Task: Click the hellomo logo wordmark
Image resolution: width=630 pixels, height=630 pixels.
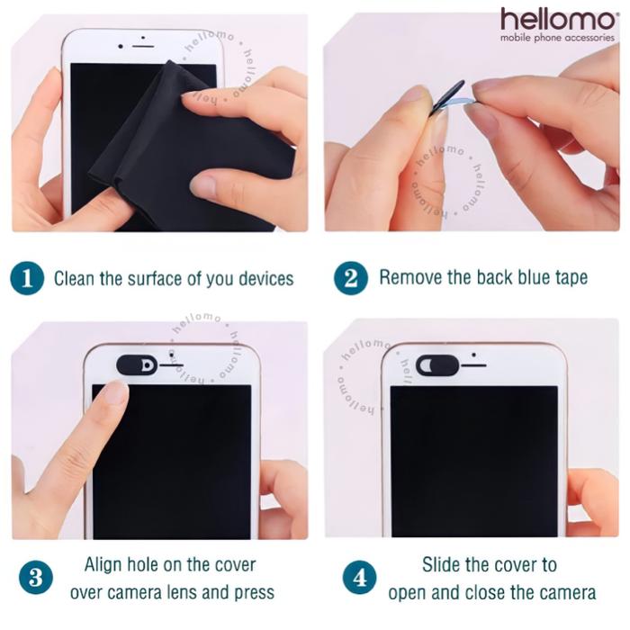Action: coord(557,19)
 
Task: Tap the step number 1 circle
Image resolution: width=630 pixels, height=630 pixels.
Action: coord(27,278)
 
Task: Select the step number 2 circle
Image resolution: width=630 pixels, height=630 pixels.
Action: coord(351,277)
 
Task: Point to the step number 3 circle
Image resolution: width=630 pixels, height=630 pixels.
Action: coord(36,578)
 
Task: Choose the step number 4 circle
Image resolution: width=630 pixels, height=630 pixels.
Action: coord(360,578)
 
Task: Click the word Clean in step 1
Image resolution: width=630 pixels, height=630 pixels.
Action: coord(75,278)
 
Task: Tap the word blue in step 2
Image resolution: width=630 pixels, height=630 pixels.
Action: coord(534,277)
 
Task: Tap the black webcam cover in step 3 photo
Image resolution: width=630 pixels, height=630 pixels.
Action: coord(137,364)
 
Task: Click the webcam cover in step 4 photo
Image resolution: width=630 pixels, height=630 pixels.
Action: coord(437,365)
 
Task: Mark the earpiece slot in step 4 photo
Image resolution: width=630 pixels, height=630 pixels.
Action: coord(473,365)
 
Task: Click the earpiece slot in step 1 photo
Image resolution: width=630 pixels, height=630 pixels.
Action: coord(143,47)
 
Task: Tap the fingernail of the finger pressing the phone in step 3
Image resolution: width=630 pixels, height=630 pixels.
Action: coord(114,391)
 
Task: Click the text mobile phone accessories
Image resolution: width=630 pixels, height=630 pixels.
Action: coord(557,38)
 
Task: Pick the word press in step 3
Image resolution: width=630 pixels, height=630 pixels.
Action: coord(255,593)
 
